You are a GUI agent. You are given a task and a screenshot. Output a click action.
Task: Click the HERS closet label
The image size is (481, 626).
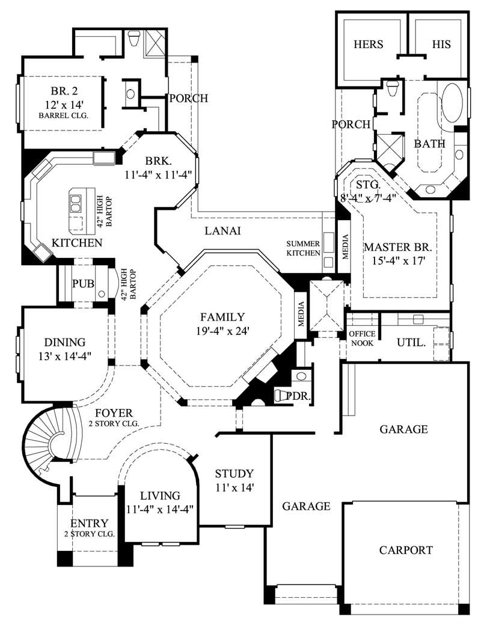point(369,44)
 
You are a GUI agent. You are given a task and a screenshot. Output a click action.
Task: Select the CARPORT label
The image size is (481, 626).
point(406,550)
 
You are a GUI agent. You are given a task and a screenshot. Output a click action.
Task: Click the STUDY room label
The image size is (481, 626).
point(234,473)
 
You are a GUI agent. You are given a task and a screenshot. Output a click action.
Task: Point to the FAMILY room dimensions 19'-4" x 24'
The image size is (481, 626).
point(222,330)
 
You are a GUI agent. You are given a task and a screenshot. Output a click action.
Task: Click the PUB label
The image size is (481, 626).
point(82,283)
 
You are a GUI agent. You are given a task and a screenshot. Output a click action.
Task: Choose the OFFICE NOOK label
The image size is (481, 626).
point(363,338)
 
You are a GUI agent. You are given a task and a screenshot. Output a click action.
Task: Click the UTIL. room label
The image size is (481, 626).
point(412,343)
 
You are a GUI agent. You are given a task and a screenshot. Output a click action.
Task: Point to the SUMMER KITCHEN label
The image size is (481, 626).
point(303,248)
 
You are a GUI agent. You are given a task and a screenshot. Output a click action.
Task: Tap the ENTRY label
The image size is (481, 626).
point(89,523)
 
